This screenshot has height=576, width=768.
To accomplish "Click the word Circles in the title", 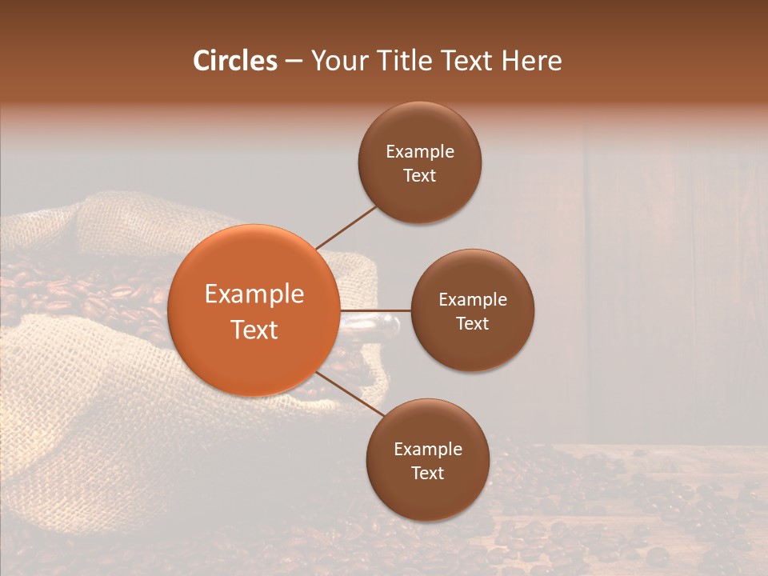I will (235, 61).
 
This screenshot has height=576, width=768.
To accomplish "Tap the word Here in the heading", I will (531, 61).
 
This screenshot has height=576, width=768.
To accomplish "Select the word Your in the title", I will (338, 61).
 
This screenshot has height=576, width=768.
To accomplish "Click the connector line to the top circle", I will (346, 228).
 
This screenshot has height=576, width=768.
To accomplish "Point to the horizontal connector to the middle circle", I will (375, 310).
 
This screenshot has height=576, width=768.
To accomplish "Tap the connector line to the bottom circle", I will (350, 394).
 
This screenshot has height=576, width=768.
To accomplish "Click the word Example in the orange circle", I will (254, 294).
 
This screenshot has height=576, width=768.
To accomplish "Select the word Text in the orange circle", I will (254, 330).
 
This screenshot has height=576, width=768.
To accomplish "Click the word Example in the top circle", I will (420, 152).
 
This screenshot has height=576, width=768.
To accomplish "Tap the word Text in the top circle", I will (420, 176).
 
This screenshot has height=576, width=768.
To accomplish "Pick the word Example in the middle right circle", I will (473, 300).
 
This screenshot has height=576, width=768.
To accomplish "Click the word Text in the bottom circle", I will (427, 474).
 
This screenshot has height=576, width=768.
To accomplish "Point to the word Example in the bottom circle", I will (428, 450).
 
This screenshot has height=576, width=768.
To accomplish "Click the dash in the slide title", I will (294, 61).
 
